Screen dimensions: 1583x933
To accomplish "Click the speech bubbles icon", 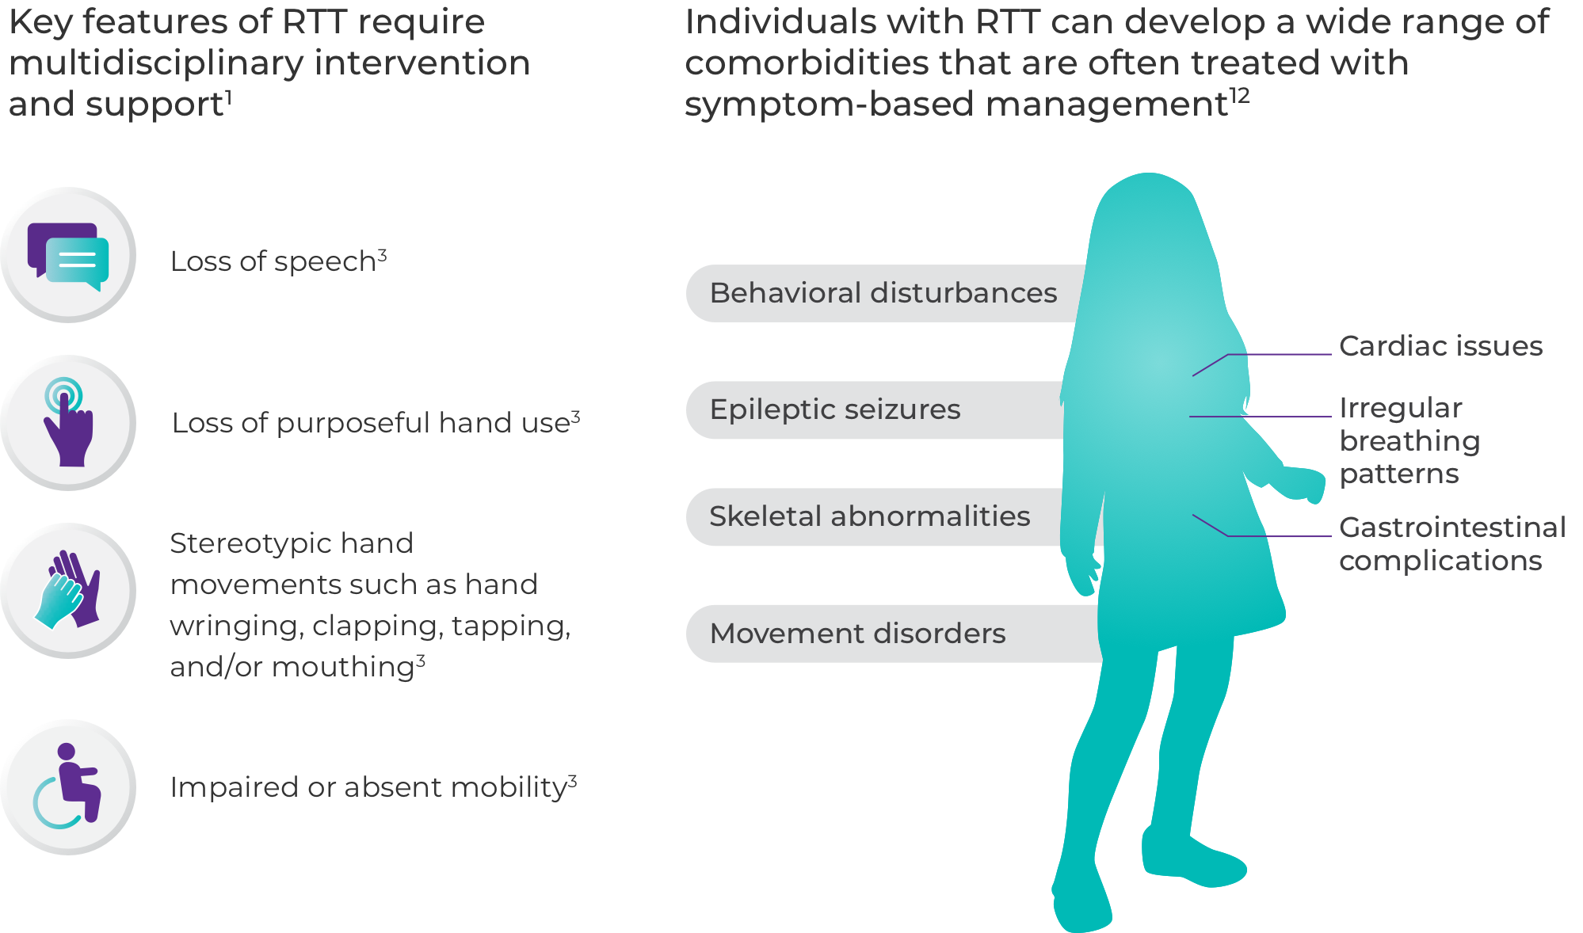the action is (x=68, y=255).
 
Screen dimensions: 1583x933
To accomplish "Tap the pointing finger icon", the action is (x=68, y=422).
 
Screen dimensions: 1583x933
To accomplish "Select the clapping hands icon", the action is (x=68, y=590).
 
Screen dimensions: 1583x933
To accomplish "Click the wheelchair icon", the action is (x=68, y=786).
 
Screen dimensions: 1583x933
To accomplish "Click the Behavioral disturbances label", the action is (x=883, y=293).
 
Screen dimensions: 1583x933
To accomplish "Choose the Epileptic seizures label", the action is (x=834, y=409).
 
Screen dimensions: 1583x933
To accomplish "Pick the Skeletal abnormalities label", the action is (x=869, y=516).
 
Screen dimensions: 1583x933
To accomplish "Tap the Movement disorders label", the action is (x=857, y=634).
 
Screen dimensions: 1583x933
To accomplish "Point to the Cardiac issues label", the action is (x=1440, y=346).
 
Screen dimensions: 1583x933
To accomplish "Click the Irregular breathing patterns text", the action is (x=1409, y=440).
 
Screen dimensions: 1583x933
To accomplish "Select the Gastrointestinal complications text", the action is (x=1451, y=543).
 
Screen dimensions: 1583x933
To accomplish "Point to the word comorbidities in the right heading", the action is (x=806, y=63).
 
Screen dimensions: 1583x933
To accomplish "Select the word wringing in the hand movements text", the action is (x=235, y=626).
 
